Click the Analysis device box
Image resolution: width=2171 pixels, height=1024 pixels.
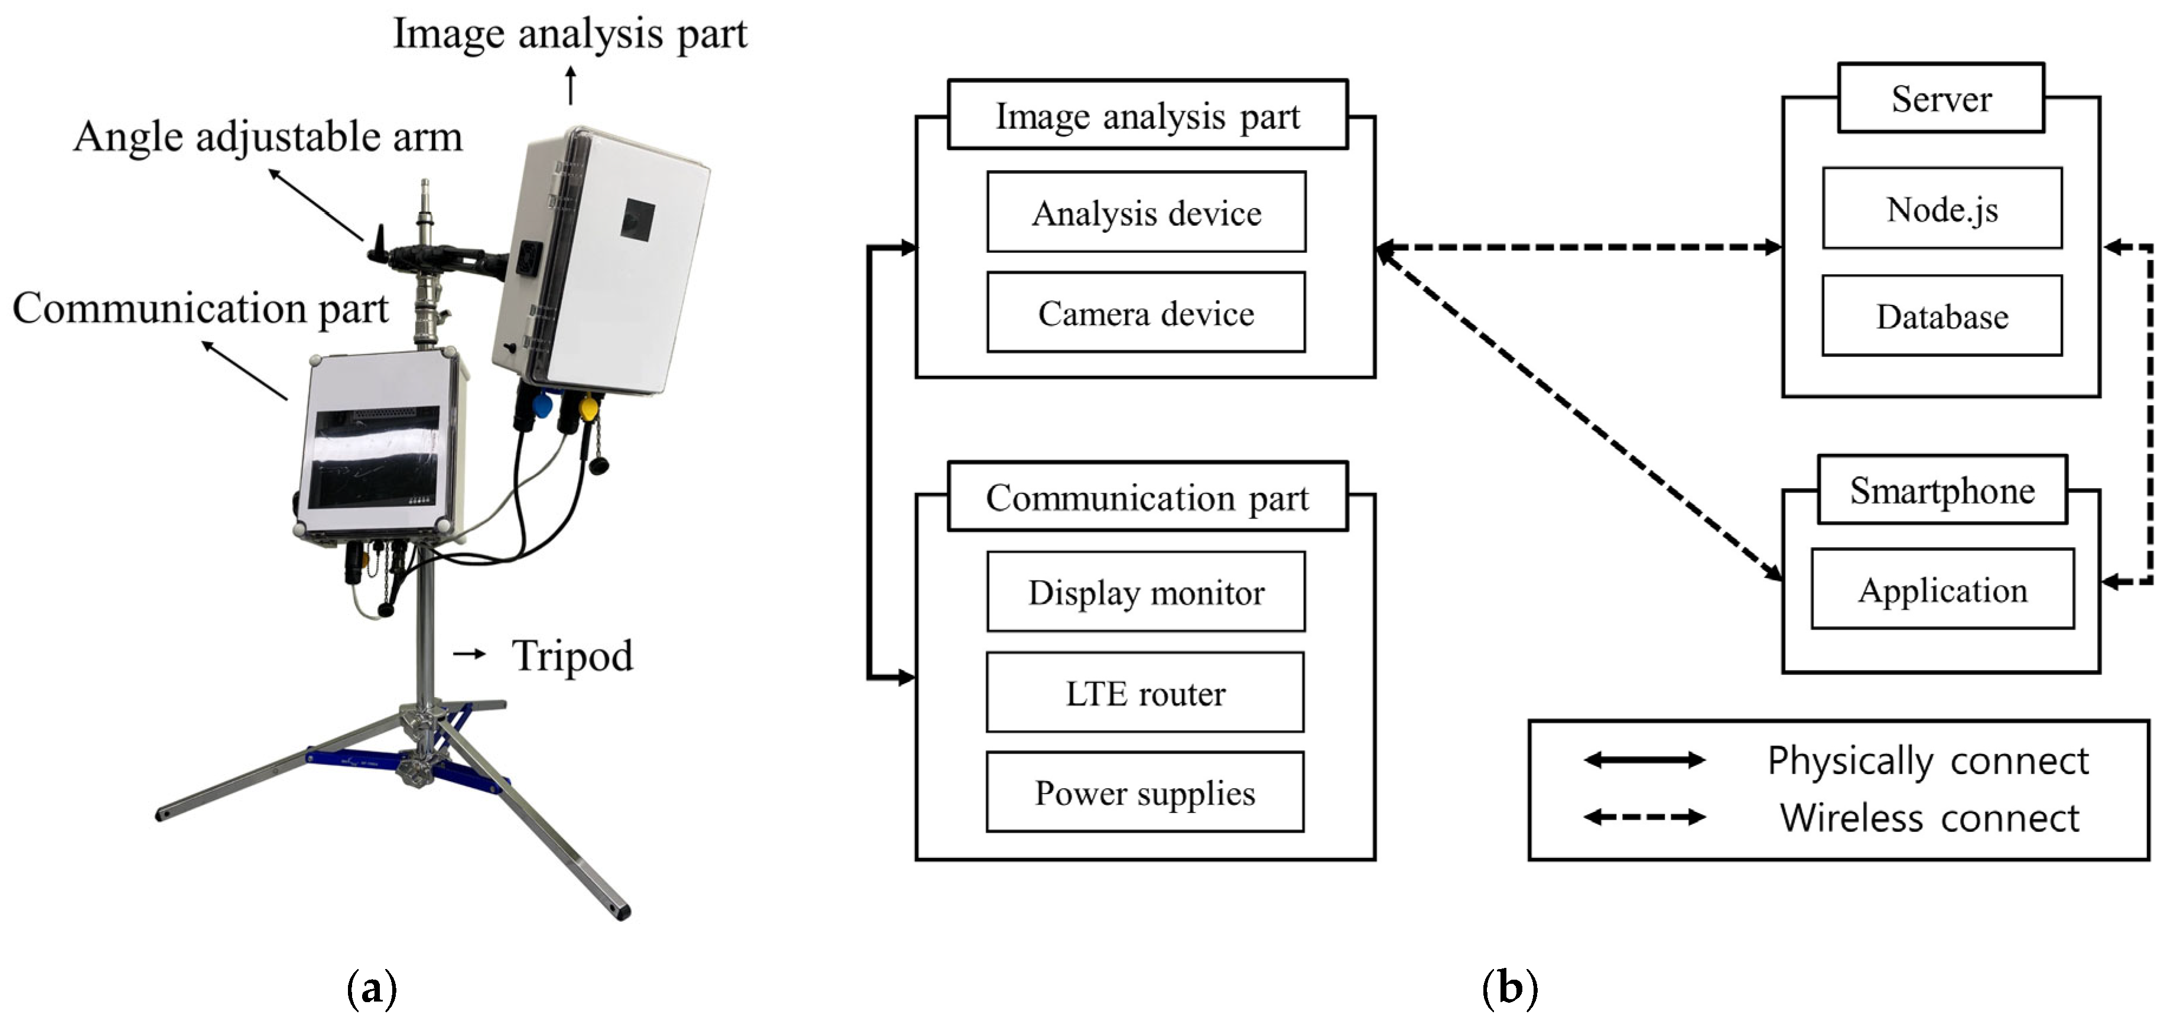[x=1146, y=212]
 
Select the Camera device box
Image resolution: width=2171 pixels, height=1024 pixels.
[x=1146, y=313]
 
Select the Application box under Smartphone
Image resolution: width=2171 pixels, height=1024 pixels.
[x=1942, y=589]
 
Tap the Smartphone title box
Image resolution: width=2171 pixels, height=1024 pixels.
[x=1942, y=490]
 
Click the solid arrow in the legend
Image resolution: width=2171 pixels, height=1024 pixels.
[x=1644, y=760]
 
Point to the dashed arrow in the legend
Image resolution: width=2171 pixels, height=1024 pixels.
[x=1644, y=817]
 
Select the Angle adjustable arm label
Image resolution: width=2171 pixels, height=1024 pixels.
[x=268, y=136]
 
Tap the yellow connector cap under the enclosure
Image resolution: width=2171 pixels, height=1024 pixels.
[x=588, y=409]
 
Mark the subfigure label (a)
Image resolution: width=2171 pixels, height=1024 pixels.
[x=372, y=989]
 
